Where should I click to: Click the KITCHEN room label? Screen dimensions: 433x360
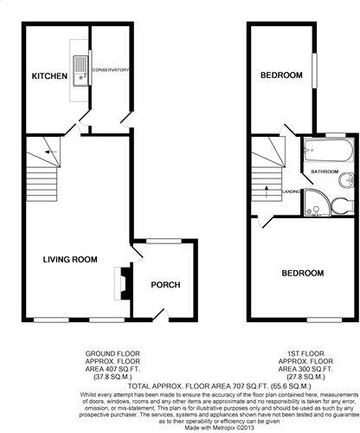click(x=49, y=77)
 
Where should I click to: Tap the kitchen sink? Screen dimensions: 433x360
click(x=81, y=71)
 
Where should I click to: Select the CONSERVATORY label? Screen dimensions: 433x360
click(x=111, y=69)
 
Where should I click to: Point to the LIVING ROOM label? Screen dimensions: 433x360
click(x=71, y=259)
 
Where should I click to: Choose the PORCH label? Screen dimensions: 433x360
click(x=164, y=286)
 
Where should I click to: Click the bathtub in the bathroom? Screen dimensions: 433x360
click(x=325, y=156)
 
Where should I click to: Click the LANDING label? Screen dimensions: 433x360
click(x=291, y=192)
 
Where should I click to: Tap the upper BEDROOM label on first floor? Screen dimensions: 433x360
click(x=281, y=76)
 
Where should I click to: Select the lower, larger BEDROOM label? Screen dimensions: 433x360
click(x=302, y=273)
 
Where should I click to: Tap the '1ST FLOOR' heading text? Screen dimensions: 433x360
click(x=305, y=354)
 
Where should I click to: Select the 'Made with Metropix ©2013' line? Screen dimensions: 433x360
click(x=180, y=427)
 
